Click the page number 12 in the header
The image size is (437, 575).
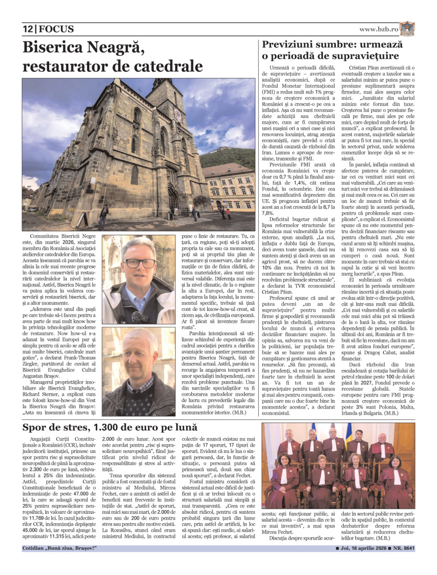28,29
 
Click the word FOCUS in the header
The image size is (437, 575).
56,29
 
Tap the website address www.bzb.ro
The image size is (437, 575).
378,29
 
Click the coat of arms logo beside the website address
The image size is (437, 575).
407,28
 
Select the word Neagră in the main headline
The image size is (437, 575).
115,47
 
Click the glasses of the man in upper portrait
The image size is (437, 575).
139,262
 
